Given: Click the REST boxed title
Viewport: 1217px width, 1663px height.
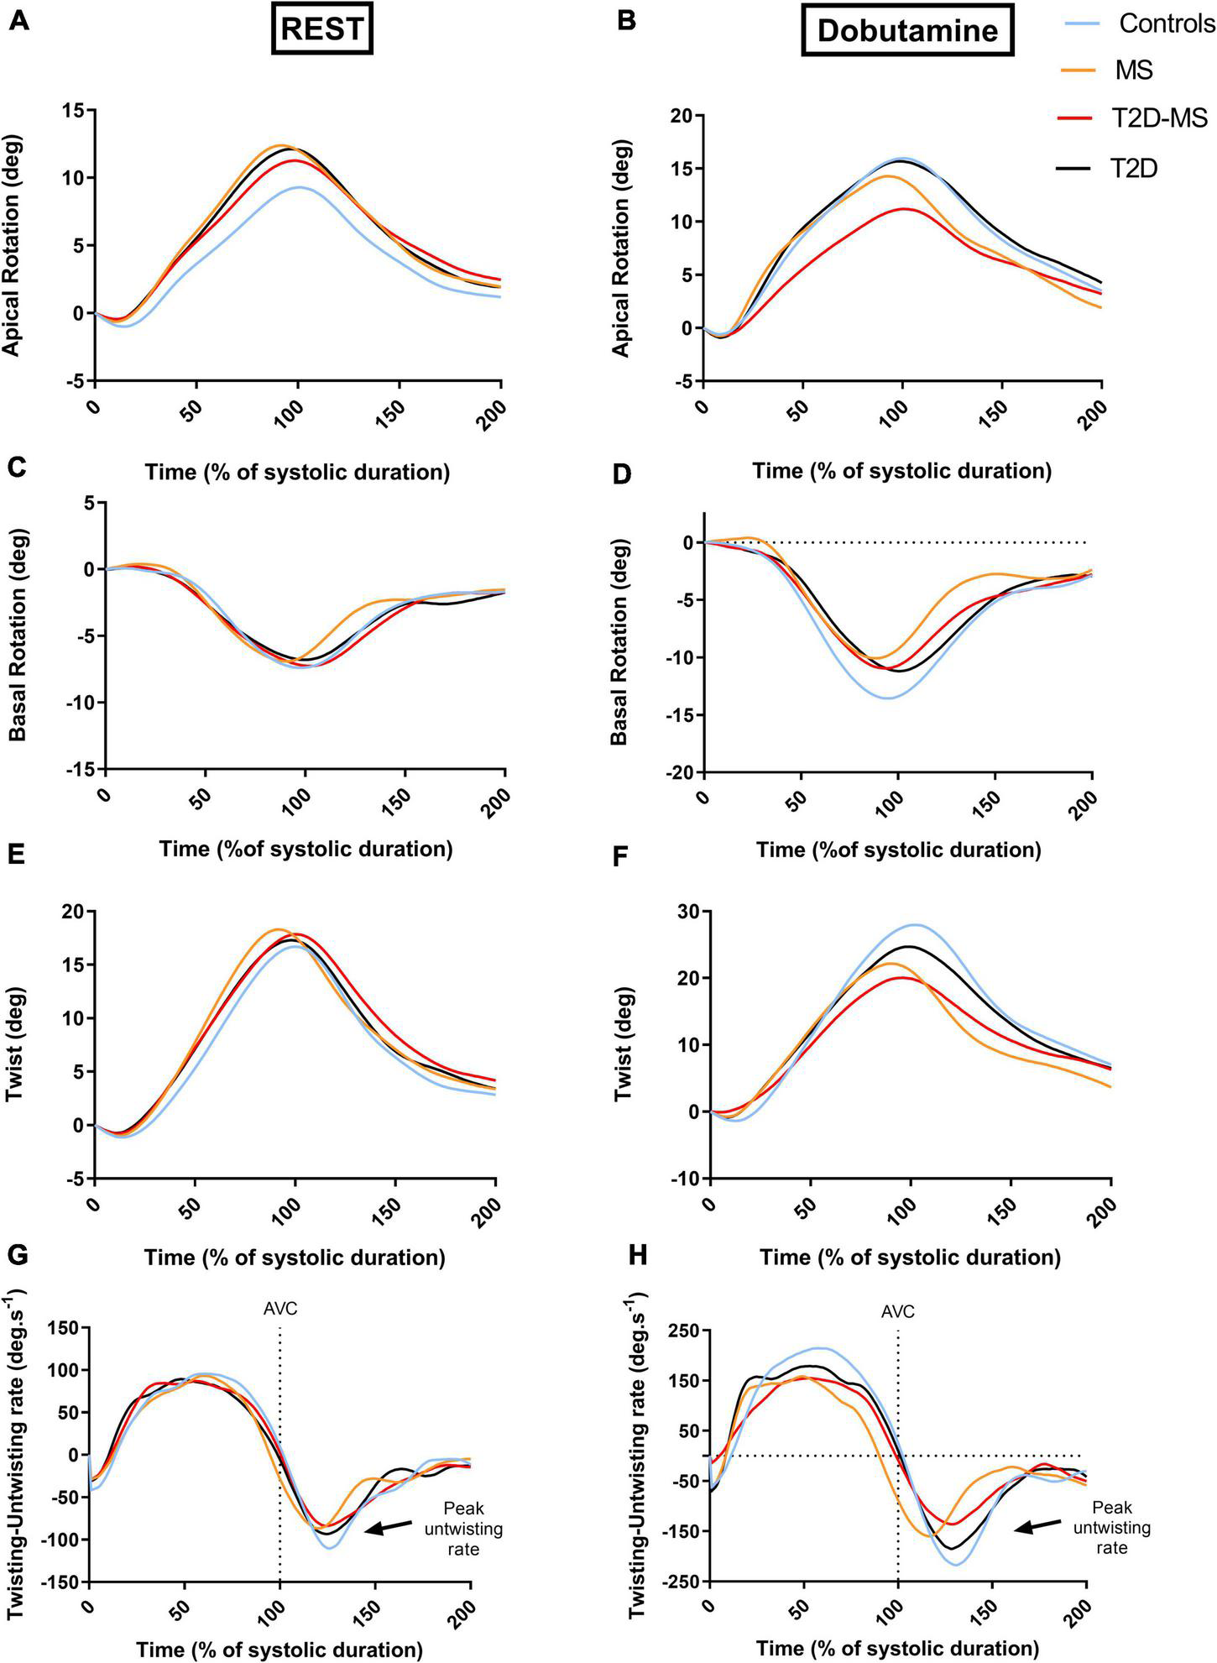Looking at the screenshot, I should [323, 29].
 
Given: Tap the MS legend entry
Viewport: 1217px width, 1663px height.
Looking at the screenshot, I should [1134, 71].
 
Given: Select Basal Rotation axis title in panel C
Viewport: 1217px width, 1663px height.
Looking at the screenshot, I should [18, 635].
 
